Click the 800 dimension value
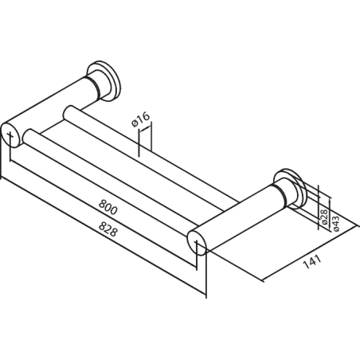108,207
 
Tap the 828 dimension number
108,229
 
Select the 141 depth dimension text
312,261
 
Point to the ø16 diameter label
141,119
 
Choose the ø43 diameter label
335,223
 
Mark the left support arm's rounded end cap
11,135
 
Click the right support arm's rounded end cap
197,243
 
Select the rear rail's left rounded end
69,113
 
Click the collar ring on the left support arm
95,88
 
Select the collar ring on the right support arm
281,196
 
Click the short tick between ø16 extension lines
145,128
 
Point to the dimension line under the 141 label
310,253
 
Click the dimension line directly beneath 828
104,236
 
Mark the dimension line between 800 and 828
104,213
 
